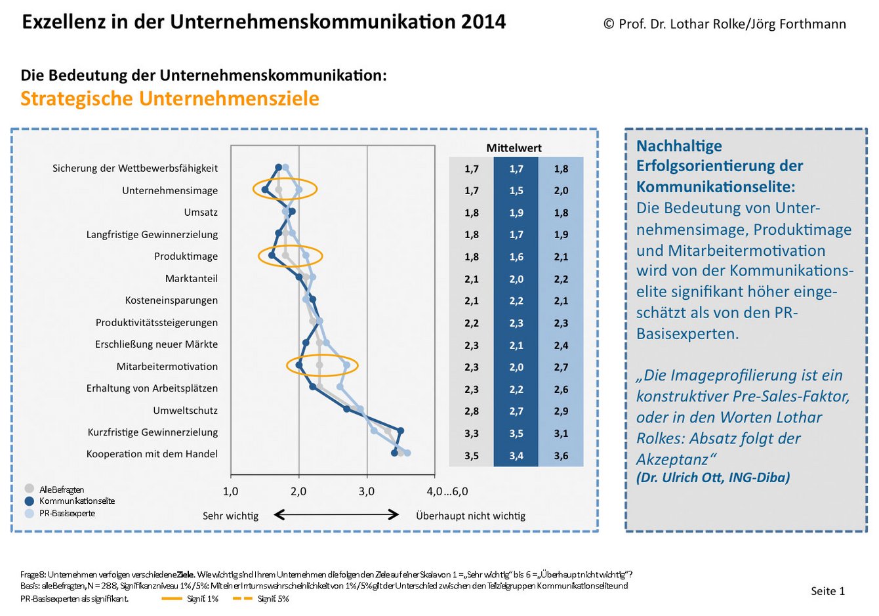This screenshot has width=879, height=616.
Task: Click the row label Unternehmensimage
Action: pyautogui.click(x=169, y=190)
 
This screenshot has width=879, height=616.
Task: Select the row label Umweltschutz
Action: pyautogui.click(x=185, y=410)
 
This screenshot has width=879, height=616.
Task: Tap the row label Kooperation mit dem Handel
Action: pyautogui.click(x=152, y=454)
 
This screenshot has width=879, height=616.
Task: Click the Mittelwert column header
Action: pyautogui.click(x=514, y=148)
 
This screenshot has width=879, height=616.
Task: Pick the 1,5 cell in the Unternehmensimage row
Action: pyautogui.click(x=516, y=191)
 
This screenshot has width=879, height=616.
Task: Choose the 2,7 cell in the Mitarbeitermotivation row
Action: pyautogui.click(x=561, y=367)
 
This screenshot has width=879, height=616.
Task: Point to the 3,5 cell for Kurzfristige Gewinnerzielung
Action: pyautogui.click(x=516, y=434)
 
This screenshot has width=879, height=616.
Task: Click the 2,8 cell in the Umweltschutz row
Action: pyautogui.click(x=472, y=411)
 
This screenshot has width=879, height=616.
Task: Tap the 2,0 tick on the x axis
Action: pyautogui.click(x=299, y=491)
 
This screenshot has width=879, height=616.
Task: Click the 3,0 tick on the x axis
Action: pyautogui.click(x=367, y=491)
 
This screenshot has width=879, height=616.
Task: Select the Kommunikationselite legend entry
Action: pyautogui.click(x=76, y=501)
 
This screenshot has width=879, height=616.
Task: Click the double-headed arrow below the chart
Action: pyautogui.click(x=336, y=515)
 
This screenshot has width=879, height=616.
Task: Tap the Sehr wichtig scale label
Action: pyautogui.click(x=230, y=516)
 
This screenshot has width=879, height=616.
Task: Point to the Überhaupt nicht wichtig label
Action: pyautogui.click(x=470, y=516)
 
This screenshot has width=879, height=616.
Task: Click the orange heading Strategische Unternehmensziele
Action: pyautogui.click(x=170, y=98)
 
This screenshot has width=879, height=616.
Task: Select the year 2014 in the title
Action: pyautogui.click(x=483, y=22)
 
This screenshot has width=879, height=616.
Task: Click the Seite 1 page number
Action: pyautogui.click(x=828, y=591)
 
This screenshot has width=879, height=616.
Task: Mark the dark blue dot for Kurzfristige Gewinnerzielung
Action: pyautogui.click(x=401, y=431)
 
